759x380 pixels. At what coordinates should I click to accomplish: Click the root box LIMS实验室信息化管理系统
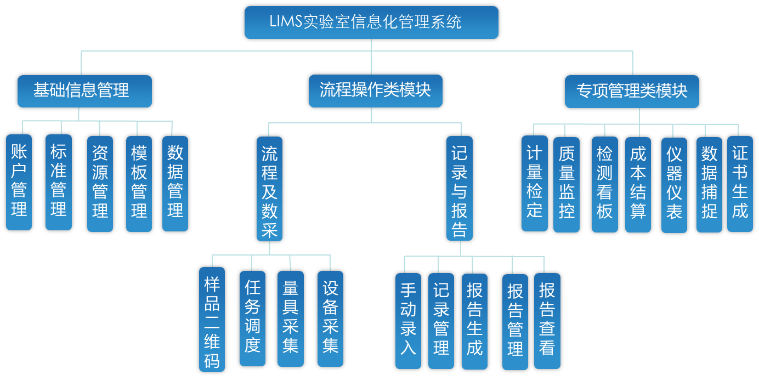[x=371, y=22]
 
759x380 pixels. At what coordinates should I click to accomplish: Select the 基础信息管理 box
[x=84, y=91]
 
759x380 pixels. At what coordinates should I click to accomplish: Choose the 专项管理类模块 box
[x=632, y=91]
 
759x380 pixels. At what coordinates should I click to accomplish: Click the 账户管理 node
[x=19, y=183]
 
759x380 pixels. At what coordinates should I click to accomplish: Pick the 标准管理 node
[x=59, y=183]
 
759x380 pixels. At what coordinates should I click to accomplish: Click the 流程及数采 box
[x=269, y=189]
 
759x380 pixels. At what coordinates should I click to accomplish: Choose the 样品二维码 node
[x=212, y=320]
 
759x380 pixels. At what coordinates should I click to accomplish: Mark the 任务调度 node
[x=252, y=319]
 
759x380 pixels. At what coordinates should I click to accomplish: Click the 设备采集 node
[x=330, y=319]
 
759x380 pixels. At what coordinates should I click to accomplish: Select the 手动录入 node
[x=408, y=321]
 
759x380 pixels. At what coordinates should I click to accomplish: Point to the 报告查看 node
[x=547, y=321]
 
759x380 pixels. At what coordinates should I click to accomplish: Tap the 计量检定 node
[x=535, y=184]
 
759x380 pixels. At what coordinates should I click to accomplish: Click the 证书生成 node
[x=740, y=184]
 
